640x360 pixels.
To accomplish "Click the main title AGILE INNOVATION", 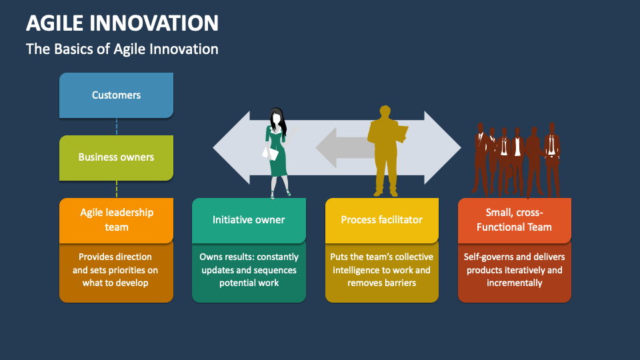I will [122, 23].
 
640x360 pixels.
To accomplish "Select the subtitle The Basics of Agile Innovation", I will [122, 49].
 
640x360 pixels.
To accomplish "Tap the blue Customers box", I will [116, 95].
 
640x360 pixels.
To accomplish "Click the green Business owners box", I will [116, 157].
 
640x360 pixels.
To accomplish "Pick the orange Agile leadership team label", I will [116, 220].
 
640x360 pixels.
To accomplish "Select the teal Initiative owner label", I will [249, 220].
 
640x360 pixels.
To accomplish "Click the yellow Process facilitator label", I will [381, 220].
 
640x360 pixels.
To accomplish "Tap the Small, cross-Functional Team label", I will [514, 220].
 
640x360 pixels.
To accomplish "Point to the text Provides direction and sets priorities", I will [116, 269].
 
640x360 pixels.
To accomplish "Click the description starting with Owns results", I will [249, 269].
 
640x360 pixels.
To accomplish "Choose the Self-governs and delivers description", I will [514, 269].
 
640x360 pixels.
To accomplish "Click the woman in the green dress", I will [277, 150].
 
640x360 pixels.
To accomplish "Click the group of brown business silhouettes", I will [517, 160].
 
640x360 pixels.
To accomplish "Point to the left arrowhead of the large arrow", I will [230, 147].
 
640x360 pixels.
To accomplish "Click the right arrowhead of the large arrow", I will [443, 147].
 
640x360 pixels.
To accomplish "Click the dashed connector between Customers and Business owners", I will [117, 127].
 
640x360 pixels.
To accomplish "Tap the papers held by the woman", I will [269, 153].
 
